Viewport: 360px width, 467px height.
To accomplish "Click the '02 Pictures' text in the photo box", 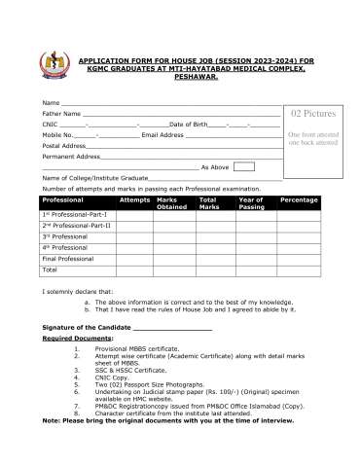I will pos(312,115).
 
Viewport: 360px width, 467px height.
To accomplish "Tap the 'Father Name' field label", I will pos(61,114).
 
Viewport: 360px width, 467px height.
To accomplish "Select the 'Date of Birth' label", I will pos(188,125).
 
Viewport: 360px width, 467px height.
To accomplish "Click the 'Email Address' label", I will pos(162,135).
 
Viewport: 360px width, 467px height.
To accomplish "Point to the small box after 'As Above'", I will pos(243,166).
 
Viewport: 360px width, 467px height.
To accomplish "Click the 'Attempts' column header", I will pos(134,198).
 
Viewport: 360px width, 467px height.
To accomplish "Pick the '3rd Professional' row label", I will pos(65,236).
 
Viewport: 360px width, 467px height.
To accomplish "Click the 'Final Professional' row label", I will pos(68,259).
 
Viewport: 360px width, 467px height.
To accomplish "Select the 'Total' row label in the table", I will pos(50,269).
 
